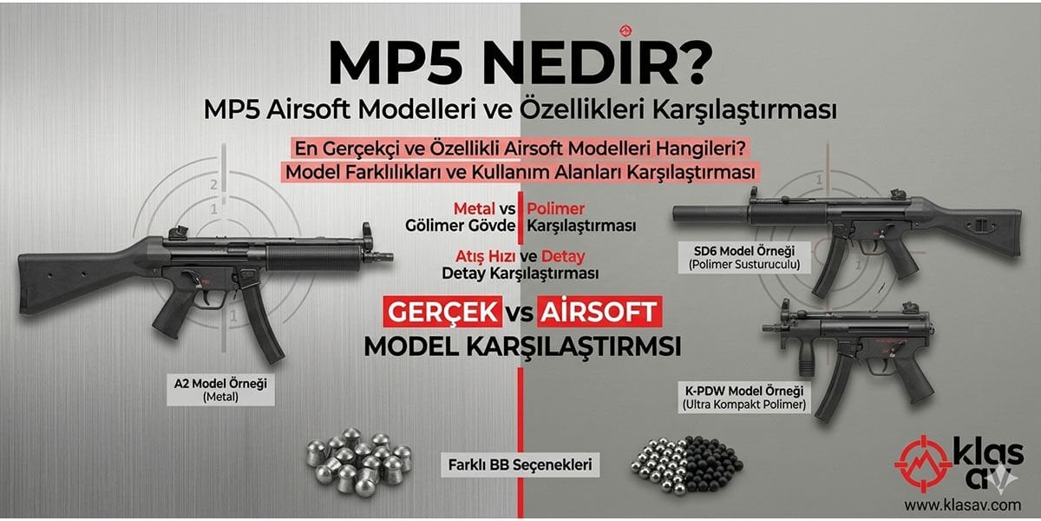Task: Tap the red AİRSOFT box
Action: click(599, 311)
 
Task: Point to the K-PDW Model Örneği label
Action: click(744, 397)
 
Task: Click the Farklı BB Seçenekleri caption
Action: click(520, 465)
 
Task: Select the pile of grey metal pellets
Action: click(358, 458)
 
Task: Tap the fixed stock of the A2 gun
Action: click(78, 269)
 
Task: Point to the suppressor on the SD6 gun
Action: click(711, 211)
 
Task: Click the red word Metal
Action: click(474, 209)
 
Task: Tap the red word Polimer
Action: click(556, 209)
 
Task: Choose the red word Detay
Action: click(563, 256)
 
